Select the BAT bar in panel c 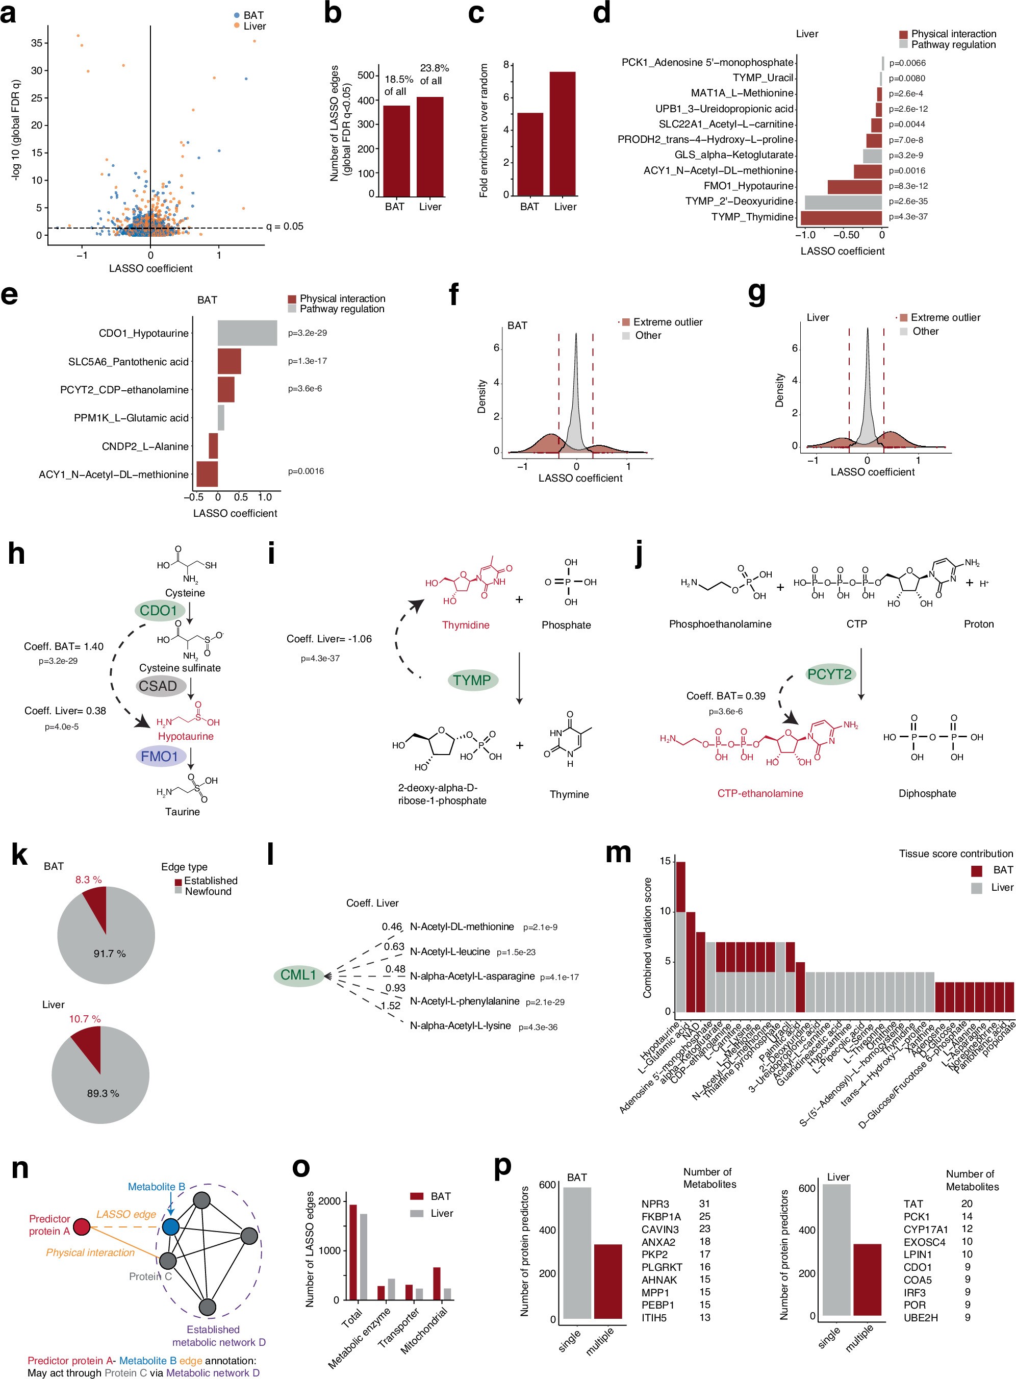click(529, 154)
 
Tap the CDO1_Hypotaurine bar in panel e click(247, 333)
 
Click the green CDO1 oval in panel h click(159, 611)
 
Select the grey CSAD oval click(158, 686)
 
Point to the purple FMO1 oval click(160, 757)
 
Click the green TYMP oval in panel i click(472, 680)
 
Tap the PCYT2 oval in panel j click(830, 674)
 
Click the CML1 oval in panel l click(298, 975)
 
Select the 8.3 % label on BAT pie click(89, 880)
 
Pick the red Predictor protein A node click(81, 1227)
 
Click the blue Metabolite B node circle click(170, 1227)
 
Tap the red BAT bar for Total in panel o click(353, 1251)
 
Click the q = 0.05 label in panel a click(284, 227)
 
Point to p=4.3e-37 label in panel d click(908, 216)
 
